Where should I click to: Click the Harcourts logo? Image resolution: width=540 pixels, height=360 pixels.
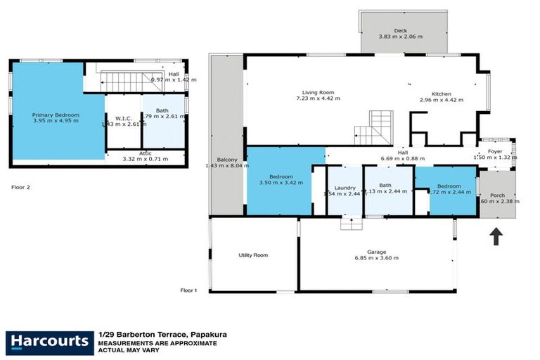pos(50,342)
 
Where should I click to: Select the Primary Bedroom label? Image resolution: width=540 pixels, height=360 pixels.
pos(56,115)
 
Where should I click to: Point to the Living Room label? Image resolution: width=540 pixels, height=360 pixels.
pos(318,92)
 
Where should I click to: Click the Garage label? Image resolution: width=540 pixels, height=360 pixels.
pos(376,250)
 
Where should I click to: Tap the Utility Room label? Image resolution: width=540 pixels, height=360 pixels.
pos(253,255)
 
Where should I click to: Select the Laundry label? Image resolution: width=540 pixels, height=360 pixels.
pos(345,187)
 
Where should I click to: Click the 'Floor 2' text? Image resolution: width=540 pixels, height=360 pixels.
pos(21,188)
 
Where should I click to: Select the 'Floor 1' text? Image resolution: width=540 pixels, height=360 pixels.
pos(189,290)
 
